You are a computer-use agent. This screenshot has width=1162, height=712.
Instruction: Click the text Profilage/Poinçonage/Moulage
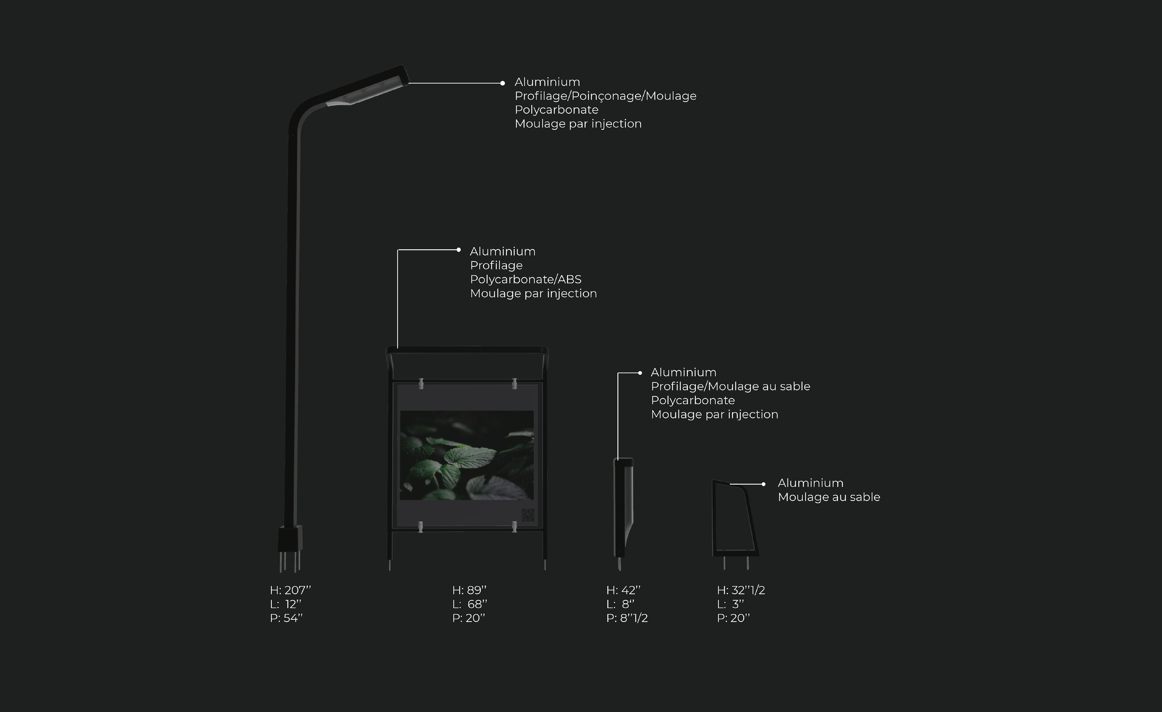605,96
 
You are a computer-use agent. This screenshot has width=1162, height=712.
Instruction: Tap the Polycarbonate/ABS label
525,279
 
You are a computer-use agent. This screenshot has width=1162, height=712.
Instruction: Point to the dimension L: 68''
469,604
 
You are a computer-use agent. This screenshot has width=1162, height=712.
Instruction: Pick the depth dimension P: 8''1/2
627,618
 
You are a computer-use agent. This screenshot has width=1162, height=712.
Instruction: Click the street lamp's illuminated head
366,90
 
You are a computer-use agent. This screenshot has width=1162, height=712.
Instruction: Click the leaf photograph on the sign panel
466,455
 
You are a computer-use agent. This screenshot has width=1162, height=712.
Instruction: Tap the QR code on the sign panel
528,515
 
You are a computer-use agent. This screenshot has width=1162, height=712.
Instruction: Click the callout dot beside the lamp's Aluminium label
503,83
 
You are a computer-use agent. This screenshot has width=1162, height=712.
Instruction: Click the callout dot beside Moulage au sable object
763,484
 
